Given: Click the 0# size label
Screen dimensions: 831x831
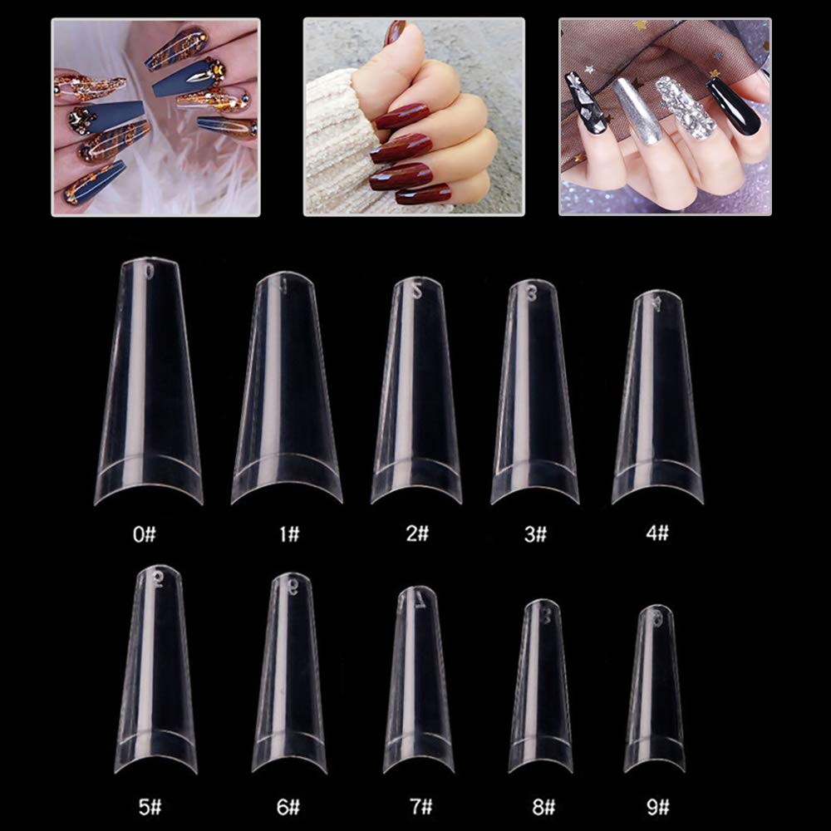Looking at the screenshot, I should [x=144, y=534].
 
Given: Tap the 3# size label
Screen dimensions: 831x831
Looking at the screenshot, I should [x=536, y=534].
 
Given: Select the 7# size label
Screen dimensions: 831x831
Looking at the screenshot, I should [x=421, y=805].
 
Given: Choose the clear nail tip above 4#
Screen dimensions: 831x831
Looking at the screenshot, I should [x=656, y=399].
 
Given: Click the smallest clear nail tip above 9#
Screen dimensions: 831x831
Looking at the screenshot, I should [x=655, y=690].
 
